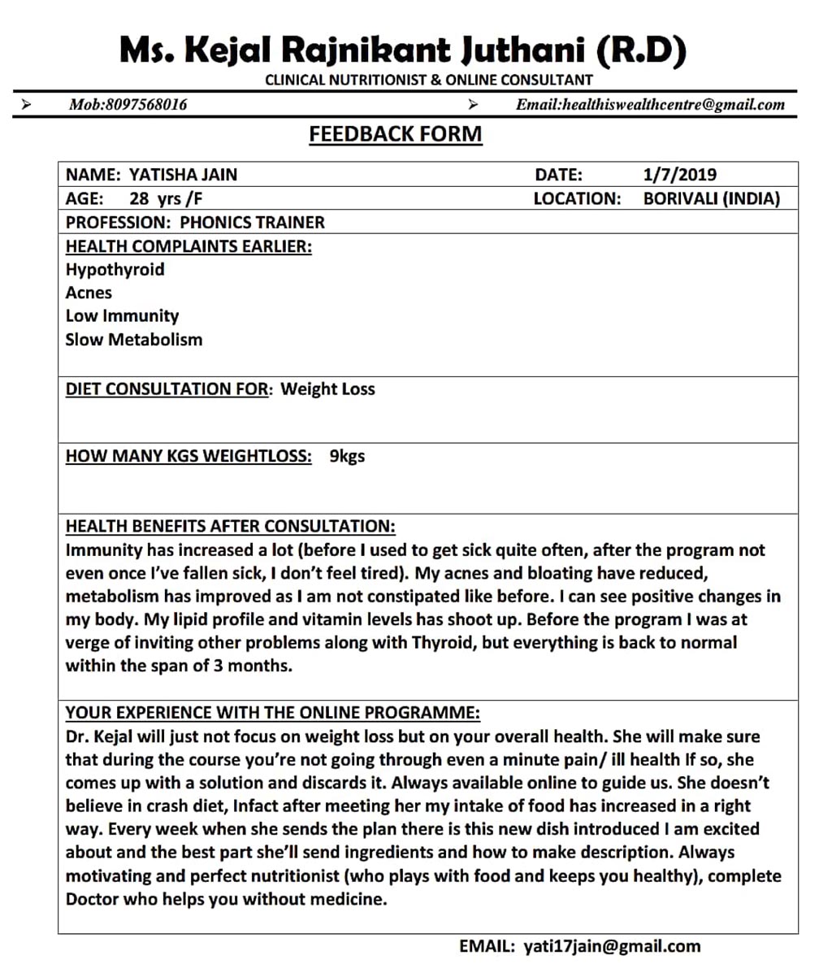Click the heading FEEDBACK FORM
[x=395, y=134]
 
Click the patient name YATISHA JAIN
[x=184, y=175]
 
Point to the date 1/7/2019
[x=679, y=175]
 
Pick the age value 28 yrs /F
[x=166, y=198]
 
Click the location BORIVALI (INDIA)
[x=711, y=198]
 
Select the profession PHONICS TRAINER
[x=252, y=222]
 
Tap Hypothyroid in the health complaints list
[x=115, y=269]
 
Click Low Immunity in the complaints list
[x=122, y=316]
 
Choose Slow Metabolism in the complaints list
[x=133, y=340]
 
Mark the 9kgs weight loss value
[x=347, y=456]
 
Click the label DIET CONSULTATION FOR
[x=167, y=389]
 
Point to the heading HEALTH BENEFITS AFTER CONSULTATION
[x=230, y=527]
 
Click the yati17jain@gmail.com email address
[x=612, y=946]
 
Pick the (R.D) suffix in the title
[x=642, y=50]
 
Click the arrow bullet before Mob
[x=27, y=104]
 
